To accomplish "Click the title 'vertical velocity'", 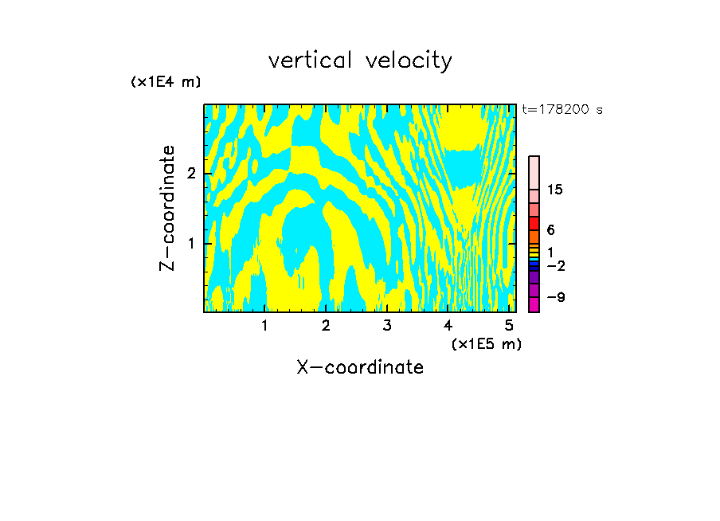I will [360, 61].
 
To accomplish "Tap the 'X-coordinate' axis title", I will [360, 367].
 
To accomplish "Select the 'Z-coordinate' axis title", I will [167, 208].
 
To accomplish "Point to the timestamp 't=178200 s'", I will [562, 110].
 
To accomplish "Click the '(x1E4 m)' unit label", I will [166, 82].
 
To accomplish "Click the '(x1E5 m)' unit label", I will [486, 343].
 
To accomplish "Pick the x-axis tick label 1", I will [265, 325].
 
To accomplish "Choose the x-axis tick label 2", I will [326, 325].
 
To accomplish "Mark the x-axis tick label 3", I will [387, 325].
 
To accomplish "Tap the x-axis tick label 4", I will [448, 325].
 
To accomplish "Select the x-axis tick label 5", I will [508, 325].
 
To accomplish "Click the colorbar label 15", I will [555, 190].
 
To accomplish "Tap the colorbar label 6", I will [550, 230].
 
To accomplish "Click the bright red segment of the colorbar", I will [534, 223].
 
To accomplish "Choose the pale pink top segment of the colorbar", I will [534, 172].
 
